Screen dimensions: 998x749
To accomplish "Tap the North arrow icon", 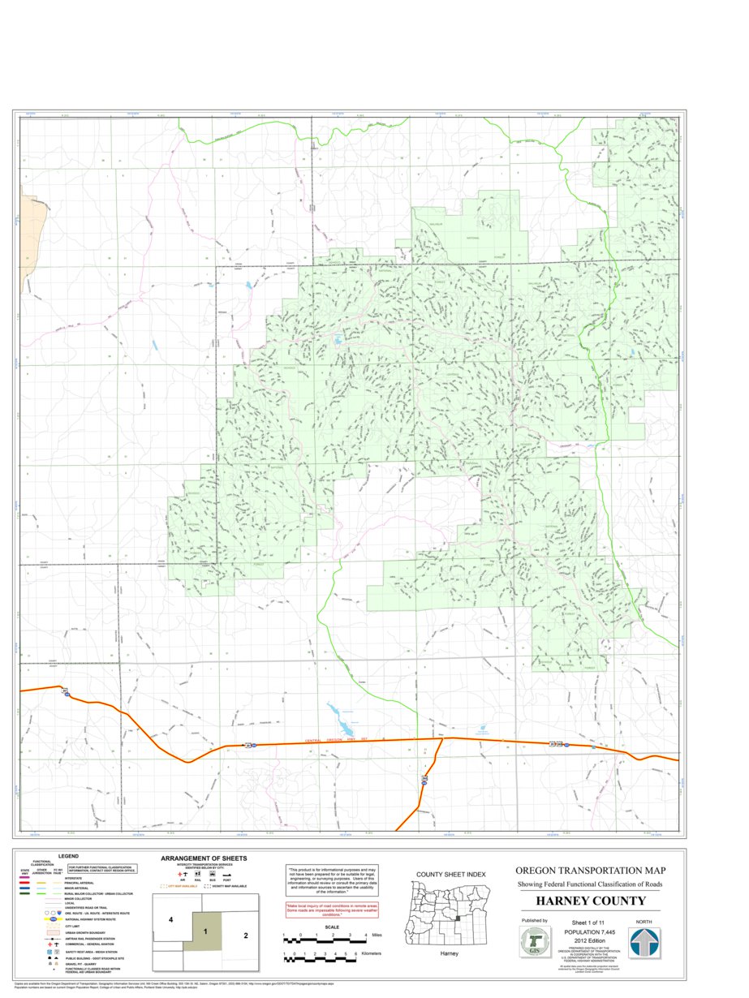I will pos(645,943).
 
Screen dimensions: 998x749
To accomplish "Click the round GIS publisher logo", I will pos(535,943).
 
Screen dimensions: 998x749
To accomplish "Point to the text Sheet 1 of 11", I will pos(589,923).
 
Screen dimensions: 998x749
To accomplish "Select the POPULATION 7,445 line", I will pos(590,932).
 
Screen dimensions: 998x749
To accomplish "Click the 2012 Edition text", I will pos(590,940).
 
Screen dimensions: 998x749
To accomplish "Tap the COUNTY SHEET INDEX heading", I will pos(450,874).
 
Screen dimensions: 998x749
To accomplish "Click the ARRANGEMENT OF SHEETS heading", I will pos(204,858).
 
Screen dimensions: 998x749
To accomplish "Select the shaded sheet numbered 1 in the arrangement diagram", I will pos(206,931).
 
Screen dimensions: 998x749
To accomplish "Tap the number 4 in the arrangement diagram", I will pos(171,920).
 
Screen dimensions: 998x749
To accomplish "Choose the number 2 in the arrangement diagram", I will pos(245,935).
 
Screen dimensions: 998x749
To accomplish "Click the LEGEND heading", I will pos(68,856).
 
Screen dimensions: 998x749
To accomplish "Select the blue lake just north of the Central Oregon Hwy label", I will pos(341,718).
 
